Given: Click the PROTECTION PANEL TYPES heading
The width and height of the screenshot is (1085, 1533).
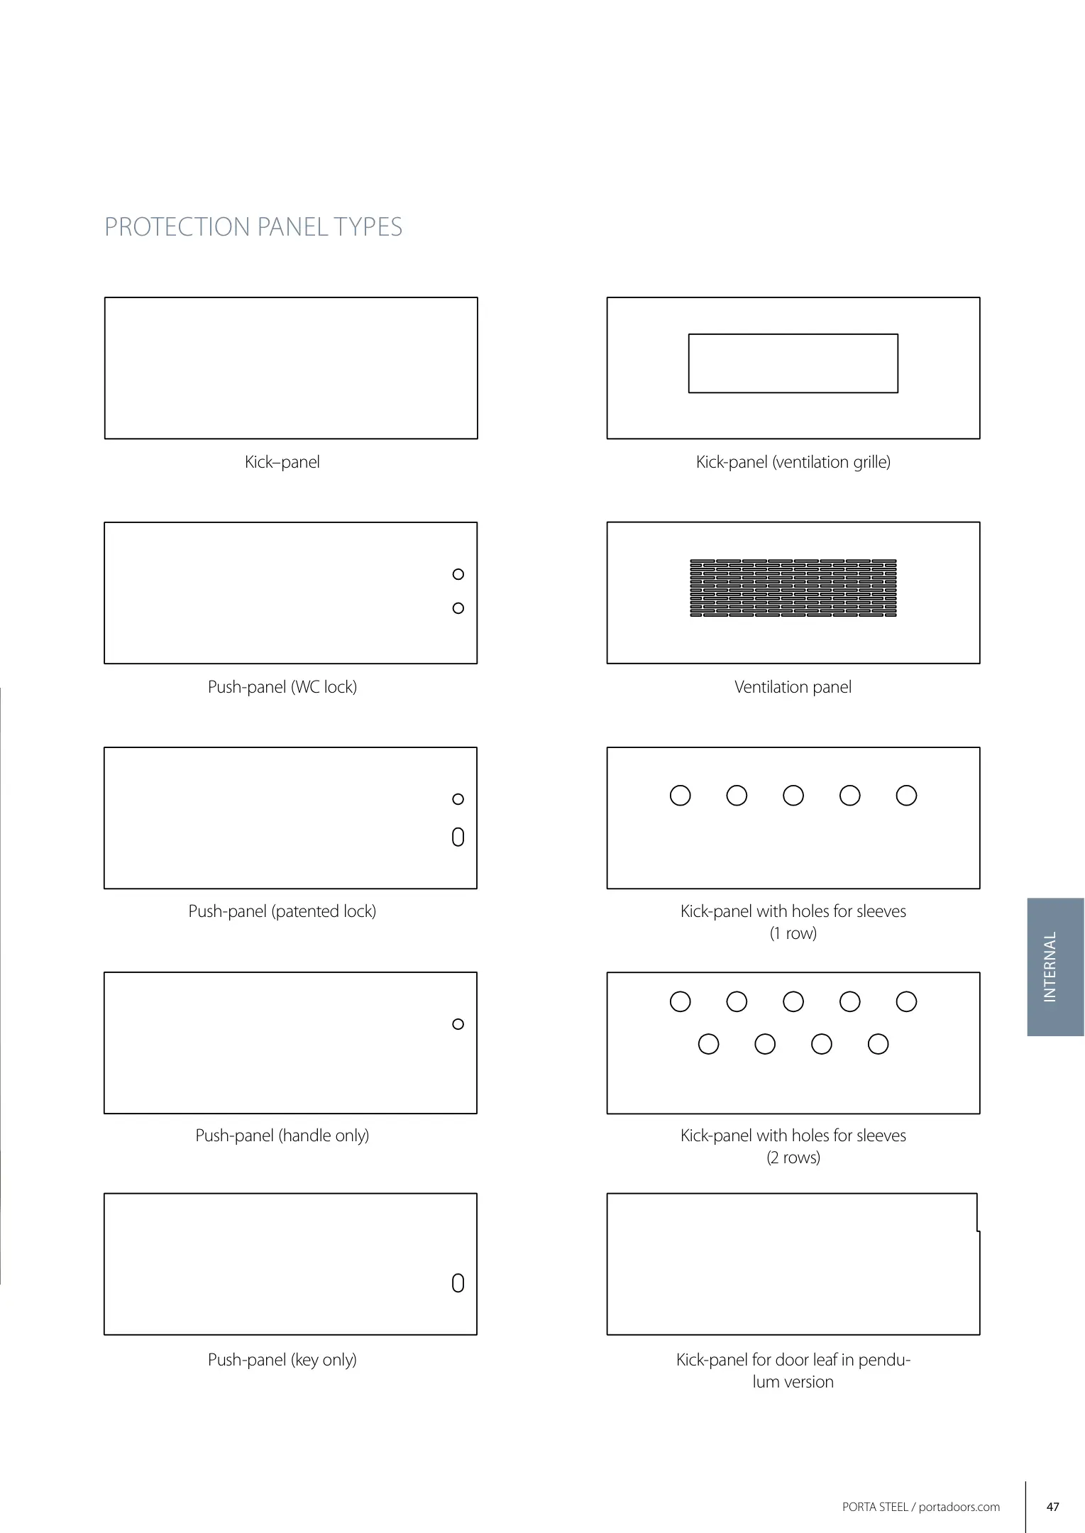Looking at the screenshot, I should click(x=253, y=227).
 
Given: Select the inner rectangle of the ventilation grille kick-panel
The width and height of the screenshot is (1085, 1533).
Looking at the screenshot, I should click(x=793, y=363).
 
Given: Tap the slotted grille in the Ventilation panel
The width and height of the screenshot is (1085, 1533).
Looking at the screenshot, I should click(x=793, y=588).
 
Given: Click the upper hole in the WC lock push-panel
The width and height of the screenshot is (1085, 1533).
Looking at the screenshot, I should click(x=458, y=574).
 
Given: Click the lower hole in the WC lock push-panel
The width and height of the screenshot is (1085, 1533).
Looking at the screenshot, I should click(x=458, y=608).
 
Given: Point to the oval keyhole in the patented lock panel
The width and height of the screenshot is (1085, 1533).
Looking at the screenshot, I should click(x=458, y=837).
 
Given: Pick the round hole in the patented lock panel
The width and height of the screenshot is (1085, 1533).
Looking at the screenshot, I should click(x=458, y=799).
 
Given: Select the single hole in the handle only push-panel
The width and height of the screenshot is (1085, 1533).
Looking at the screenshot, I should click(x=458, y=1024).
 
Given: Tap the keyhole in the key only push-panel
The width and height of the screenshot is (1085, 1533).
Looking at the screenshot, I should click(x=458, y=1283).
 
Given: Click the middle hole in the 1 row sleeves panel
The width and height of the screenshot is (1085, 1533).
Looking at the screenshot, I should click(x=793, y=796).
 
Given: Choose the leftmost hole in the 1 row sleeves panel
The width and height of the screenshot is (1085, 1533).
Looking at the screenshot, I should click(x=681, y=796).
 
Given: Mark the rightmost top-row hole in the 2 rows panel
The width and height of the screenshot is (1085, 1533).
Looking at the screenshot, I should click(x=906, y=1001).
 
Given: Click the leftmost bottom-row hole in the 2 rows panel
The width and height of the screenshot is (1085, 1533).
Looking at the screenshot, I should click(x=709, y=1044).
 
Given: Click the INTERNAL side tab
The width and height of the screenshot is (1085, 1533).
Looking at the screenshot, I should click(x=1055, y=967).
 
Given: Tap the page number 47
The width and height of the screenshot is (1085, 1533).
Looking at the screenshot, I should click(x=1053, y=1507).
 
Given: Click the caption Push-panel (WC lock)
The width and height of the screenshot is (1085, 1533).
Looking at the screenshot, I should click(x=282, y=687).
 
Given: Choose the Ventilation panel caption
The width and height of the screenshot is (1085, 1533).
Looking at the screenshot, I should click(x=793, y=687).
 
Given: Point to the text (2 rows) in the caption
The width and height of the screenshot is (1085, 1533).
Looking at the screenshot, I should click(x=793, y=1158).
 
